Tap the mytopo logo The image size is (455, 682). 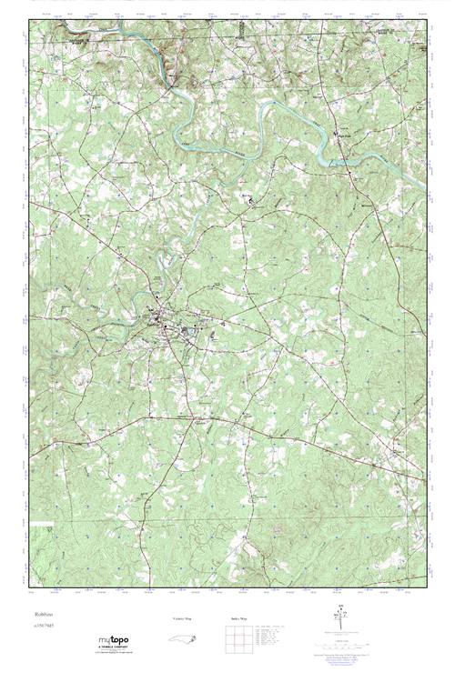[x=113, y=640]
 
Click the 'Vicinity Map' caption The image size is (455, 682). [x=183, y=618]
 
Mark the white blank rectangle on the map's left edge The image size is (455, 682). [x=40, y=525]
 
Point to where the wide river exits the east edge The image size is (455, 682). [x=423, y=188]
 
